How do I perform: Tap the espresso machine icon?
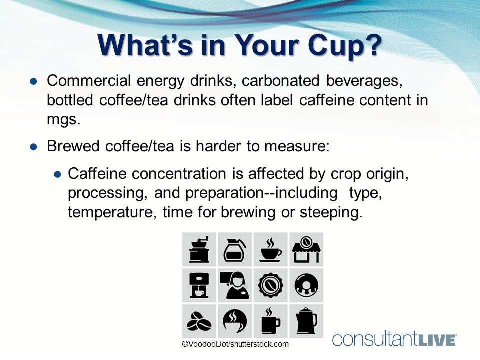point(199,285)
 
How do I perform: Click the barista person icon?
point(235,285)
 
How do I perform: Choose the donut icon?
point(306,285)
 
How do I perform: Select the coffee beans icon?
point(199,320)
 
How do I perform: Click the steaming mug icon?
point(270,320)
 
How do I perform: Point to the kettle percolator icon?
point(306,320)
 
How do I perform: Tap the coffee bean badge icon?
point(270,285)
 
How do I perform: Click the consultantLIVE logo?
point(394,339)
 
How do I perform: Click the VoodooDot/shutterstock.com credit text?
point(235,344)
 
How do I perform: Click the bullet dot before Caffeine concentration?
point(57,174)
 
